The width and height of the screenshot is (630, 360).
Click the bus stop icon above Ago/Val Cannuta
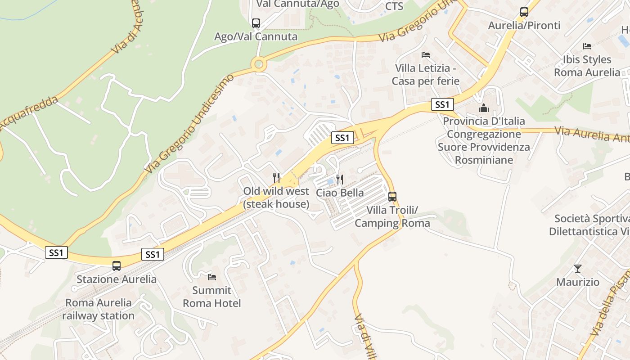click(256, 23)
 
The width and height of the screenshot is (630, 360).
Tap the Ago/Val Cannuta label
click(256, 37)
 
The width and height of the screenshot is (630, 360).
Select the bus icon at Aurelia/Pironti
click(524, 12)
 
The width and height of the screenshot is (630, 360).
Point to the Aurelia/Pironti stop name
click(524, 26)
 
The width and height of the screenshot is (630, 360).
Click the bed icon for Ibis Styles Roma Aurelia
click(587, 46)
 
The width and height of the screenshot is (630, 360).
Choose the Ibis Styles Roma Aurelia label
click(587, 66)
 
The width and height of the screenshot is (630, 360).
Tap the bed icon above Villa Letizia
click(426, 55)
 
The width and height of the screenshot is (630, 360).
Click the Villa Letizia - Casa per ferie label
click(426, 75)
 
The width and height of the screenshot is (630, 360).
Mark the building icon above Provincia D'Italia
click(484, 108)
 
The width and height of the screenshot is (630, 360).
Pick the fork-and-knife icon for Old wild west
click(276, 178)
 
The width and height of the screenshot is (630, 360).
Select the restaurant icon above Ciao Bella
click(340, 180)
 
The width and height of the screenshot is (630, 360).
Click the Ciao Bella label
click(340, 193)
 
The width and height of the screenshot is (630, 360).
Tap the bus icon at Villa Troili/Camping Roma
click(392, 197)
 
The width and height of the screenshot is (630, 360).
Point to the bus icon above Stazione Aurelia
click(117, 266)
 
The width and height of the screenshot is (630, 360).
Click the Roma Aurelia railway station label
click(98, 309)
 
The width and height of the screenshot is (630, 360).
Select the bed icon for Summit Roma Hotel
click(212, 277)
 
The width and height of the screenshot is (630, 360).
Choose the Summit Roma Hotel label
click(212, 297)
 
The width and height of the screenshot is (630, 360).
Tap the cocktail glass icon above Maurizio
click(578, 269)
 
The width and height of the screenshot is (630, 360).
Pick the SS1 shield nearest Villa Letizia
click(442, 105)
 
